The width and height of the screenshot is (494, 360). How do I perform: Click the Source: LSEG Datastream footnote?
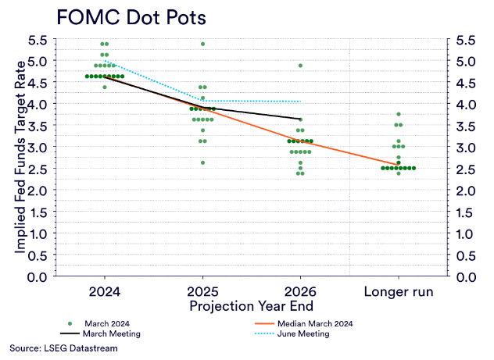63,348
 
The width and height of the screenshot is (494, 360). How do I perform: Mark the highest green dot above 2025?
203,44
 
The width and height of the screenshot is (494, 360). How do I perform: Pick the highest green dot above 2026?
301,66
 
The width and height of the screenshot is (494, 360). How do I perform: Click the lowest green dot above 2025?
203,162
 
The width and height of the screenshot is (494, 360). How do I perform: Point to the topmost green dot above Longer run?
399,115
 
